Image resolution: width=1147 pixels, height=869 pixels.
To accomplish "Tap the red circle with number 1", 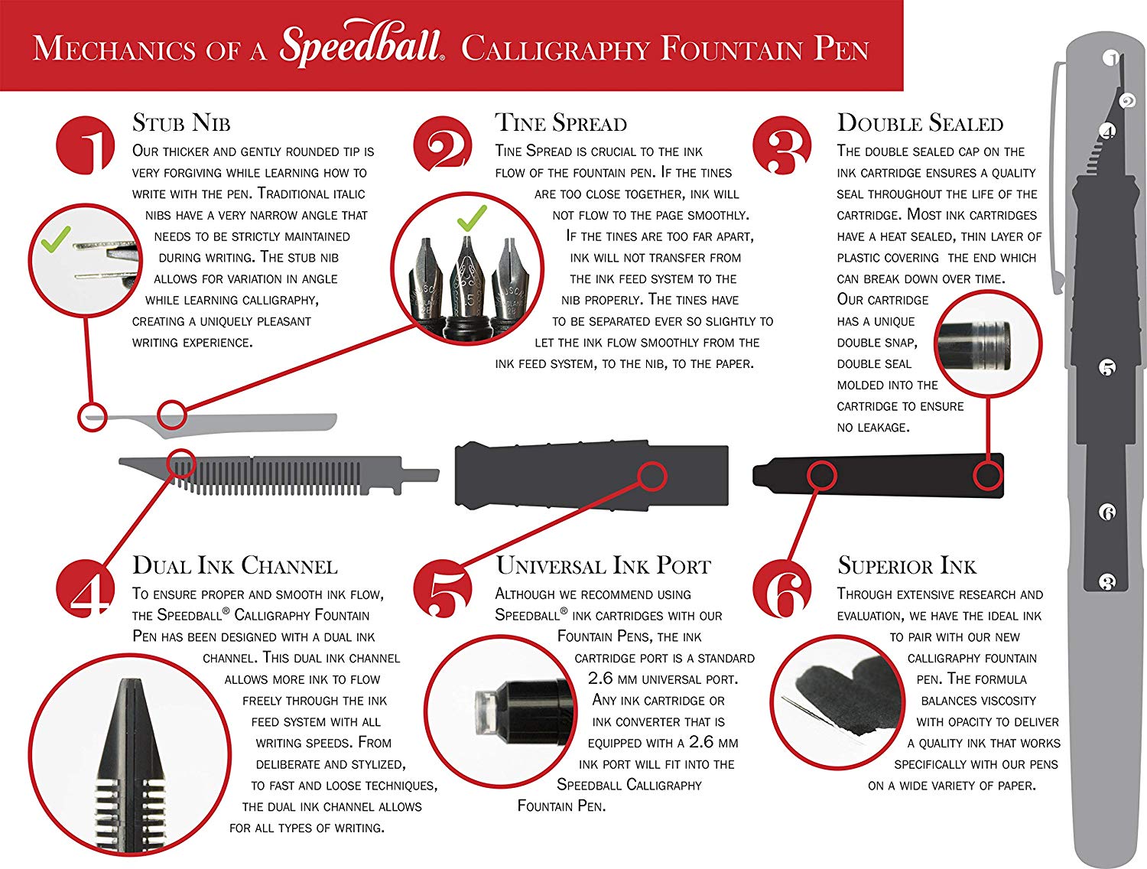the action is [x=86, y=145].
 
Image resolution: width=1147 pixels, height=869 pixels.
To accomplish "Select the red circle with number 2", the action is [x=442, y=145].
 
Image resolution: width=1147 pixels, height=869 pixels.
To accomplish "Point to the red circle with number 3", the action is [x=782, y=145].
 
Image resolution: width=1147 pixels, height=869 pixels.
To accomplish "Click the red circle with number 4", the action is [x=85, y=588].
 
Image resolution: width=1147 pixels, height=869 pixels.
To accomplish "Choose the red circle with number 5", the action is [x=442, y=589].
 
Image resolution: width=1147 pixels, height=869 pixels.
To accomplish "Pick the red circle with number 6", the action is [x=782, y=588].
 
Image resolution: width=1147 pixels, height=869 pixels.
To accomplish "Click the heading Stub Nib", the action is [x=181, y=123].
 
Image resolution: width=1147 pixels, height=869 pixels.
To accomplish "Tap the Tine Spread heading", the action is [x=561, y=123].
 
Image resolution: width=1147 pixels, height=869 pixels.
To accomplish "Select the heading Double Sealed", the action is [x=920, y=123].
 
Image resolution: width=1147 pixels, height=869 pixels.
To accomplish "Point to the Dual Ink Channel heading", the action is [x=235, y=566].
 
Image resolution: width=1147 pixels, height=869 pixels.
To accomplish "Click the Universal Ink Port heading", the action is [x=603, y=566].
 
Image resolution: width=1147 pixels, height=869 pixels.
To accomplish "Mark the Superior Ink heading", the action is [x=907, y=566].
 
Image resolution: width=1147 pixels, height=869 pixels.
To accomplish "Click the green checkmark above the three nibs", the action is [x=472, y=219].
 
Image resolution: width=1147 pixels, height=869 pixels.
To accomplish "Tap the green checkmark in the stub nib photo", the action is [x=55, y=240].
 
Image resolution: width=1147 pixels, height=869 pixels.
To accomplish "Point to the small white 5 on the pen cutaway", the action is [x=1106, y=368].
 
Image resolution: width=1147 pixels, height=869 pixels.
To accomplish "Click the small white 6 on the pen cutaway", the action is [x=1106, y=512].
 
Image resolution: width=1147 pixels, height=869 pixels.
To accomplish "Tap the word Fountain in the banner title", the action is [x=732, y=50].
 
